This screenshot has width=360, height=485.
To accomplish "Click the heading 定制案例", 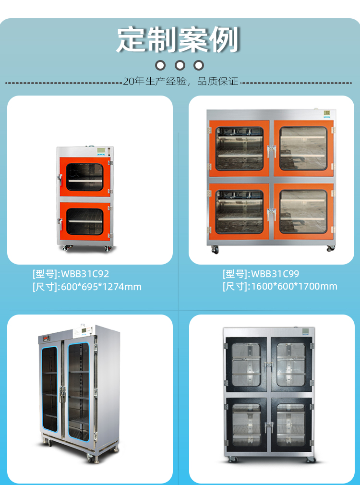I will point(178,39).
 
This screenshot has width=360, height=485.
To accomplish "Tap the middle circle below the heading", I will point(180,65).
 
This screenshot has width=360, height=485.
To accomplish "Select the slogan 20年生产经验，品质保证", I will point(180,82).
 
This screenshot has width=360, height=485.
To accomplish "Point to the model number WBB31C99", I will point(275,274).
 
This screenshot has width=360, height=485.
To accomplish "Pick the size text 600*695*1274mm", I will point(100,287).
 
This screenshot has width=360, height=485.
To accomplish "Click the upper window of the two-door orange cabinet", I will point(84,177).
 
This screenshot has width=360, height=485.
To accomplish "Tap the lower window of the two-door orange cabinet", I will point(84,221).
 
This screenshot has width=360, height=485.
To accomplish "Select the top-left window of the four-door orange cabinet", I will point(240,148).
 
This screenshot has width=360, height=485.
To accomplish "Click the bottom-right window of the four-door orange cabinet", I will point(303,212).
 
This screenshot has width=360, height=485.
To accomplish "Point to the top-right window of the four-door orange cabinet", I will point(303,148).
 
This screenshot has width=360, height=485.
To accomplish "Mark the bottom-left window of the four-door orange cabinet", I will point(240,212).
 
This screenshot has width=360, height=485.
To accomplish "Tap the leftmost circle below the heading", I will point(161,65).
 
